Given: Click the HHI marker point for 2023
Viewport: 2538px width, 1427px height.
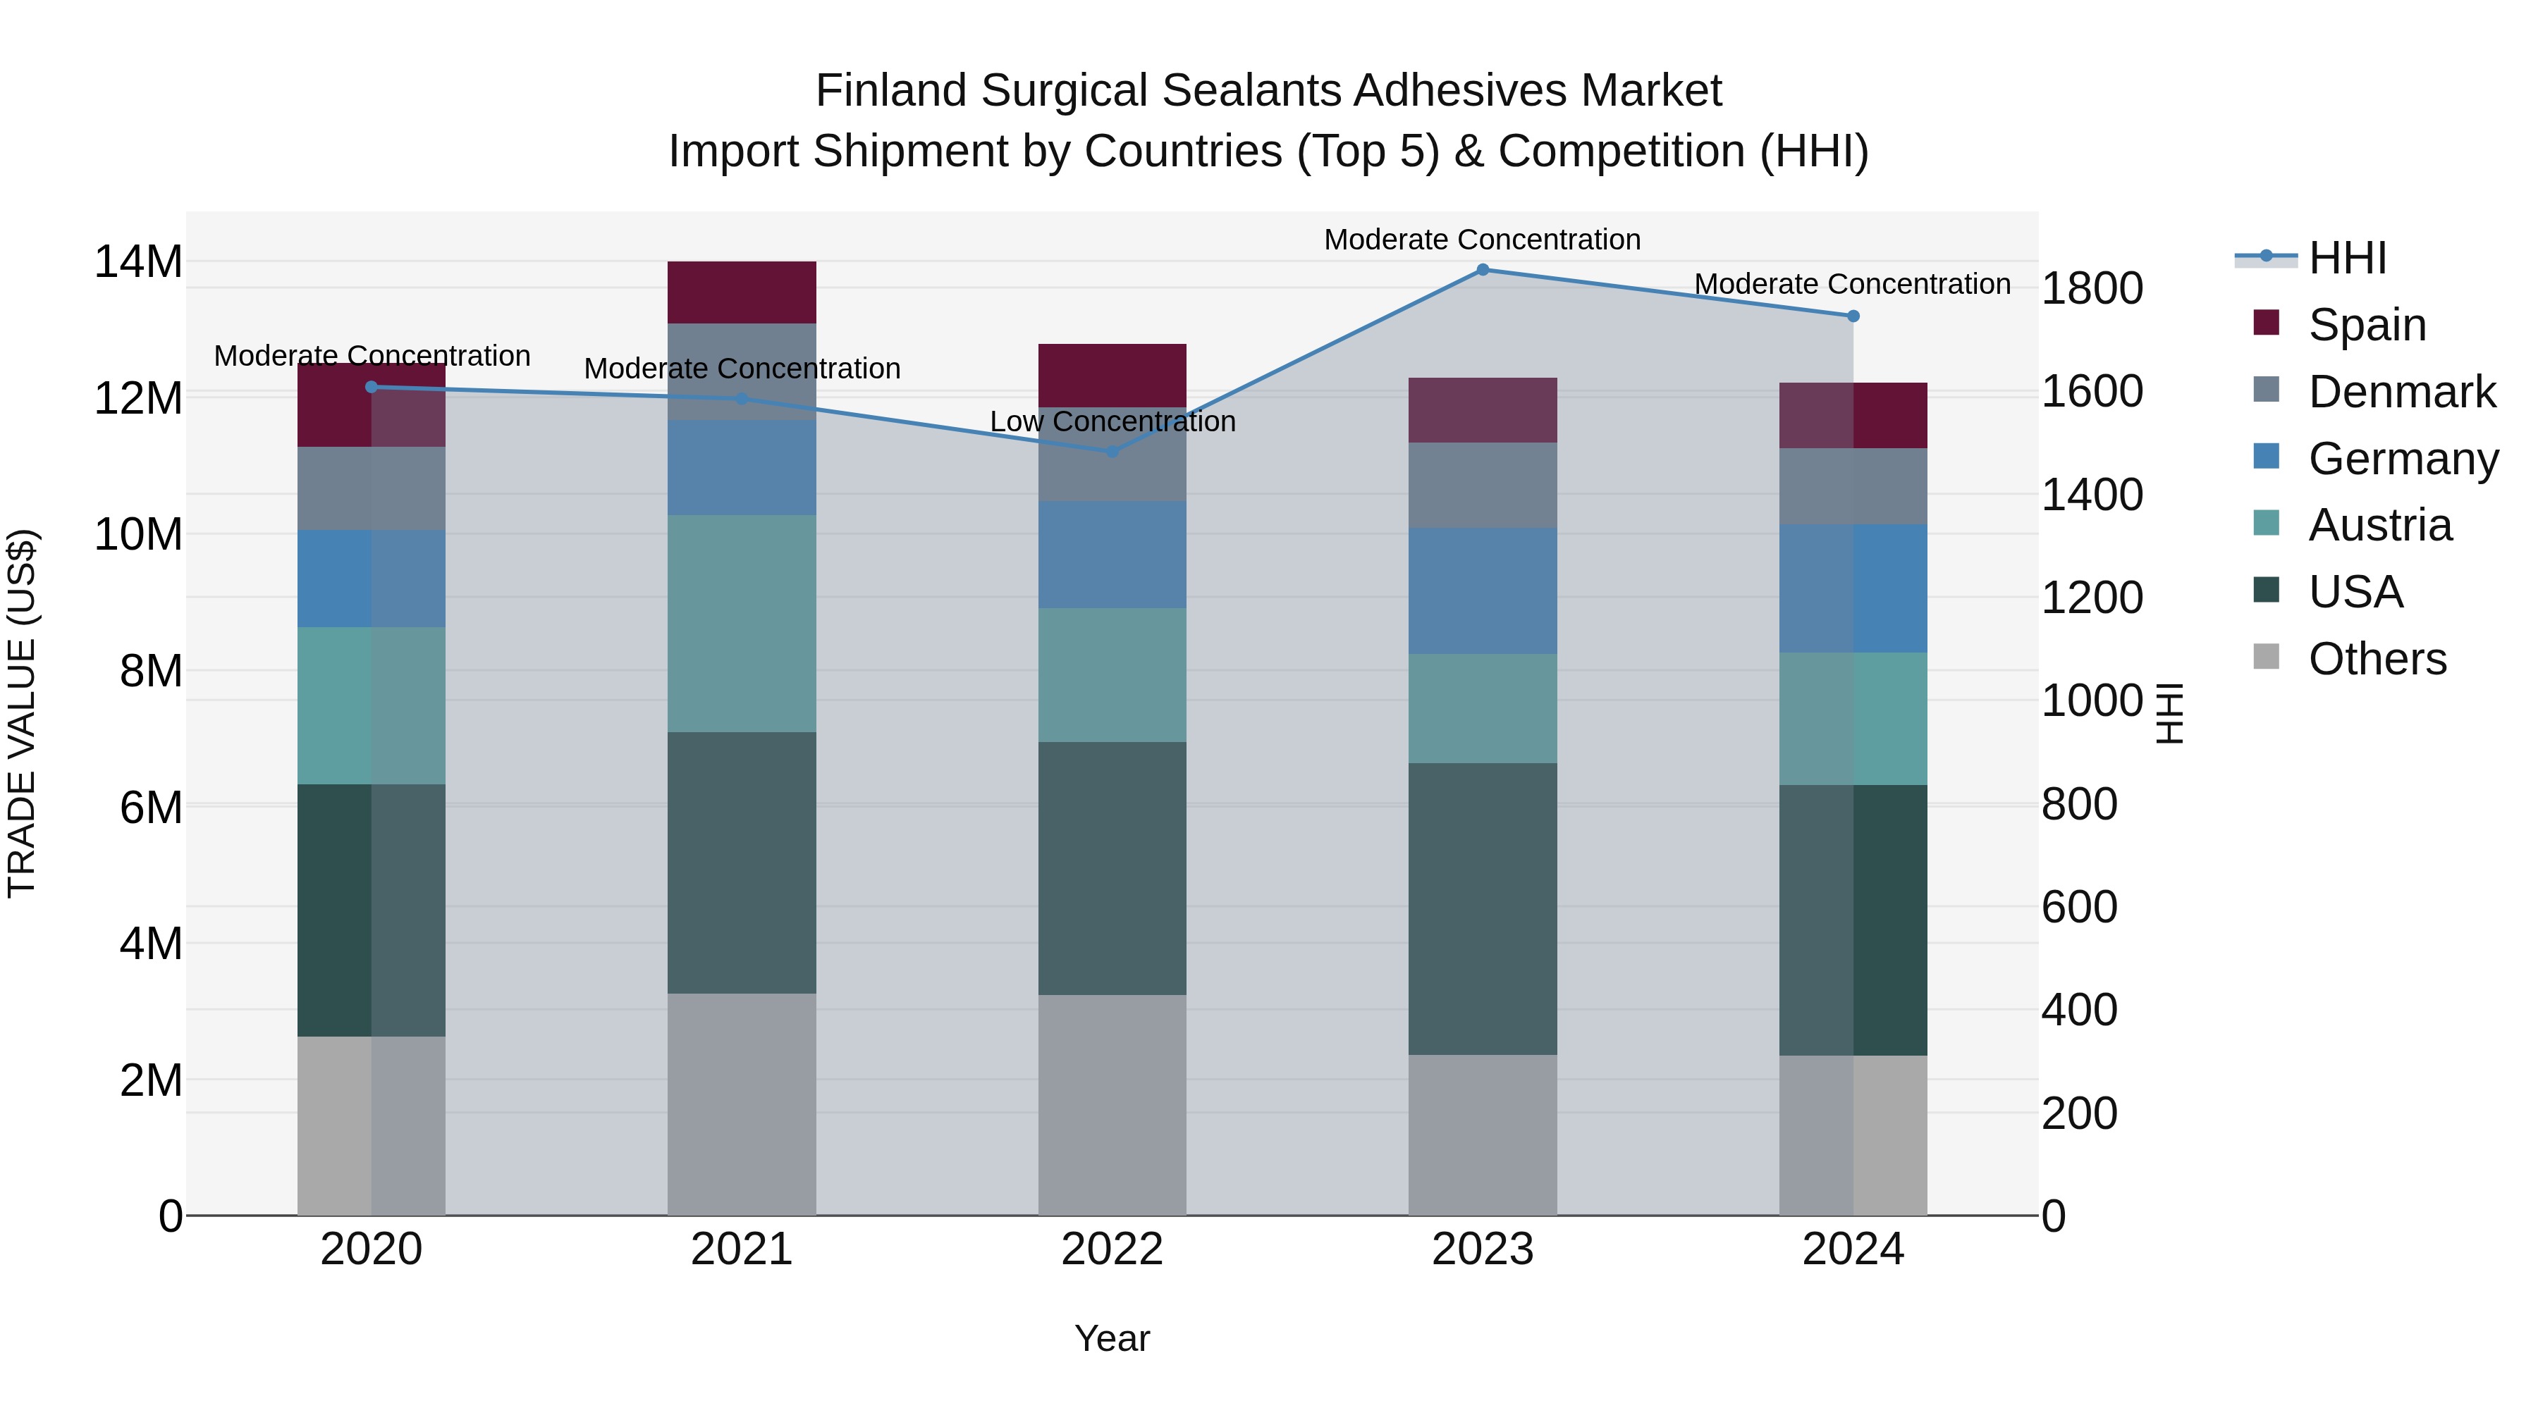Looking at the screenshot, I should pos(1482,269).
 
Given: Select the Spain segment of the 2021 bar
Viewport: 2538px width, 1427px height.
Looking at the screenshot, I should pos(741,292).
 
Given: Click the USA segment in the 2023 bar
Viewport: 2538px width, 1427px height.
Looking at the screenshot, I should pos(1482,908).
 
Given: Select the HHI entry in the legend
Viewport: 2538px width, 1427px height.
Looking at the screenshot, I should pos(2347,258).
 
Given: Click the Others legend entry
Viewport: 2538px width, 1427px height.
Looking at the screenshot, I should pos(2377,659).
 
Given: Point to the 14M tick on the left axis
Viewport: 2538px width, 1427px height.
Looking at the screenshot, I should pos(138,262).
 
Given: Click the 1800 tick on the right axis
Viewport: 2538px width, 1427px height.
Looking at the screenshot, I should pos(2091,288).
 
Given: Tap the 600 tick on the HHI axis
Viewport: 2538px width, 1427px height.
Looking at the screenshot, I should pos(2079,907).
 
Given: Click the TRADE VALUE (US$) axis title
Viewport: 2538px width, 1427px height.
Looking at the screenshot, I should pos(22,713).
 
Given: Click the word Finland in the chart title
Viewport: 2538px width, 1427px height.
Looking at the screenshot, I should pos(890,91).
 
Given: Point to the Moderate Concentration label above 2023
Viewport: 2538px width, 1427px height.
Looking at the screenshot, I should pos(1482,240).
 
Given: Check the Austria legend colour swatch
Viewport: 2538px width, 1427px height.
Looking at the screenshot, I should pos(2266,524).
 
